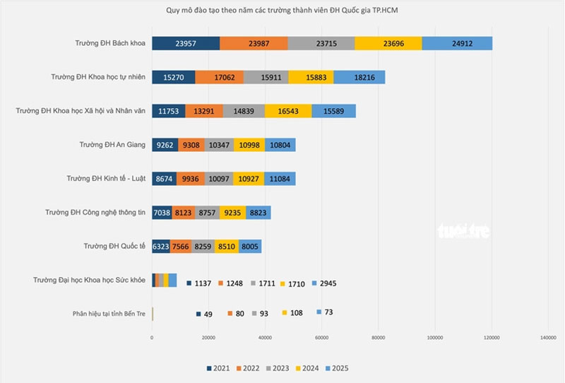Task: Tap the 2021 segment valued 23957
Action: coord(186,43)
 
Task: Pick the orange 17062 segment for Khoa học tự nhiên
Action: coord(219,77)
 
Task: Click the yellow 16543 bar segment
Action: coord(287,111)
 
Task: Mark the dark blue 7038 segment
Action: coord(162,213)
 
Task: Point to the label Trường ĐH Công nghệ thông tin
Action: coord(94,213)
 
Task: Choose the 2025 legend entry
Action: coord(337,368)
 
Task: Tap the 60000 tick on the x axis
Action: coord(321,339)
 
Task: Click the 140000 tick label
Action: coord(548,339)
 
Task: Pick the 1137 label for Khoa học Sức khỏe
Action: coord(203,283)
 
